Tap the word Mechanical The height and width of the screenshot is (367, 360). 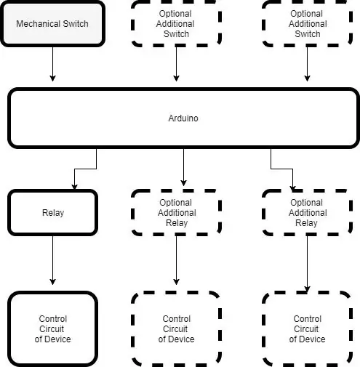point(39,24)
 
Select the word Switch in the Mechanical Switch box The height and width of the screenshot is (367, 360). point(76,24)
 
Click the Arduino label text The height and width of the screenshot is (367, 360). point(183,118)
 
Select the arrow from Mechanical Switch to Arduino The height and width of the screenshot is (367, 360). point(52,64)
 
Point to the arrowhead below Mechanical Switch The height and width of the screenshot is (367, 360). point(52,78)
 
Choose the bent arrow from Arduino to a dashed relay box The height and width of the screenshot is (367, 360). point(281,169)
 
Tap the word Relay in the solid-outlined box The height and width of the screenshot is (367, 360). point(53,213)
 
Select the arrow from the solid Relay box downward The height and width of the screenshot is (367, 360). point(52,260)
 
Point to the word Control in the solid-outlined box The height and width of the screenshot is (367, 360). point(53,319)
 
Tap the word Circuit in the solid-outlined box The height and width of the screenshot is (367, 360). point(52,329)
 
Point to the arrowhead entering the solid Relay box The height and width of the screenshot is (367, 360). point(74,187)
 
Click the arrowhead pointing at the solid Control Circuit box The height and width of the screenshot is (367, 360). point(52,282)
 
